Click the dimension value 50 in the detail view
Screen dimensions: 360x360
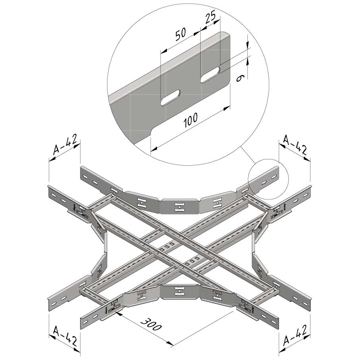click(x=181, y=34)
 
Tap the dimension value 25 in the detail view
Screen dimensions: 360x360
click(x=210, y=18)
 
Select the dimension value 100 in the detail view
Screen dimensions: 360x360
click(x=190, y=120)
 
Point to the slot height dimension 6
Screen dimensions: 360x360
click(x=239, y=78)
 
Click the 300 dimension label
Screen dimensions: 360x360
click(x=151, y=324)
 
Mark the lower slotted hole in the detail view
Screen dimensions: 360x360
click(x=170, y=98)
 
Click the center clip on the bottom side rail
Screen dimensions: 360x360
click(x=179, y=291)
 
